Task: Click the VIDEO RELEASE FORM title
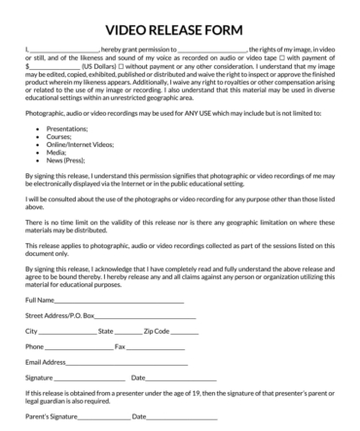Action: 180,29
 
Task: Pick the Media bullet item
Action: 55,152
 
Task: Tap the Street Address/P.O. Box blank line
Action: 146,317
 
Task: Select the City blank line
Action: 68,332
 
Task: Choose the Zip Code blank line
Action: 184,332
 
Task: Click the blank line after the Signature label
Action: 90,378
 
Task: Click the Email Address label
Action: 46,362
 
